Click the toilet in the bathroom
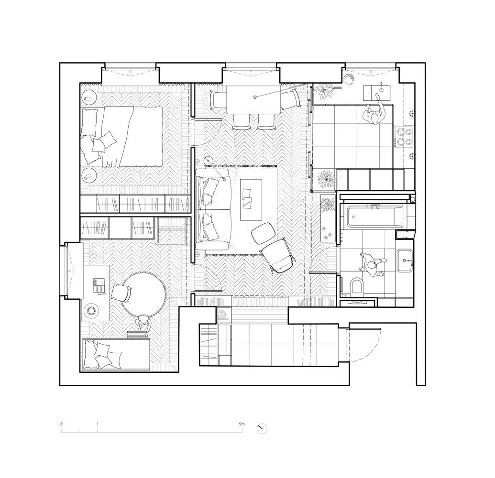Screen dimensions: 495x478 tap(357, 285)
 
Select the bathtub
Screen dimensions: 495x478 tap(375, 217)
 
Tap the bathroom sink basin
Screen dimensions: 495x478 tap(404, 261)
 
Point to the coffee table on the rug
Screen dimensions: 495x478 tap(251, 200)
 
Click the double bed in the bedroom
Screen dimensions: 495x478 tap(122, 136)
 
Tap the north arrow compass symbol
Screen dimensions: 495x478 tap(262, 428)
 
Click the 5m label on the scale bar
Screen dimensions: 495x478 tap(242, 424)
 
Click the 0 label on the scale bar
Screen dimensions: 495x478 tap(62, 424)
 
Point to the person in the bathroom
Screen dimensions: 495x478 tap(373, 264)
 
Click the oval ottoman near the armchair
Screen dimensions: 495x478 tap(264, 233)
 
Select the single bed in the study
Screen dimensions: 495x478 tap(116, 354)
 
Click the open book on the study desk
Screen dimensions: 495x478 tap(99, 285)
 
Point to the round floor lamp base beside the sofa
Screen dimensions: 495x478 tap(208, 161)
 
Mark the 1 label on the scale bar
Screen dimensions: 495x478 tap(98, 424)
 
